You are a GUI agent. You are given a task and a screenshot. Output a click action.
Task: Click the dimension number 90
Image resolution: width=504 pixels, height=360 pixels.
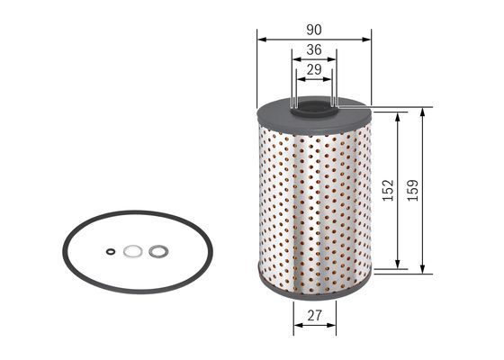coord(314,31)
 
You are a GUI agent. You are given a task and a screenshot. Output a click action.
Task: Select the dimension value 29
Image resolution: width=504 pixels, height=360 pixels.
coord(314,69)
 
